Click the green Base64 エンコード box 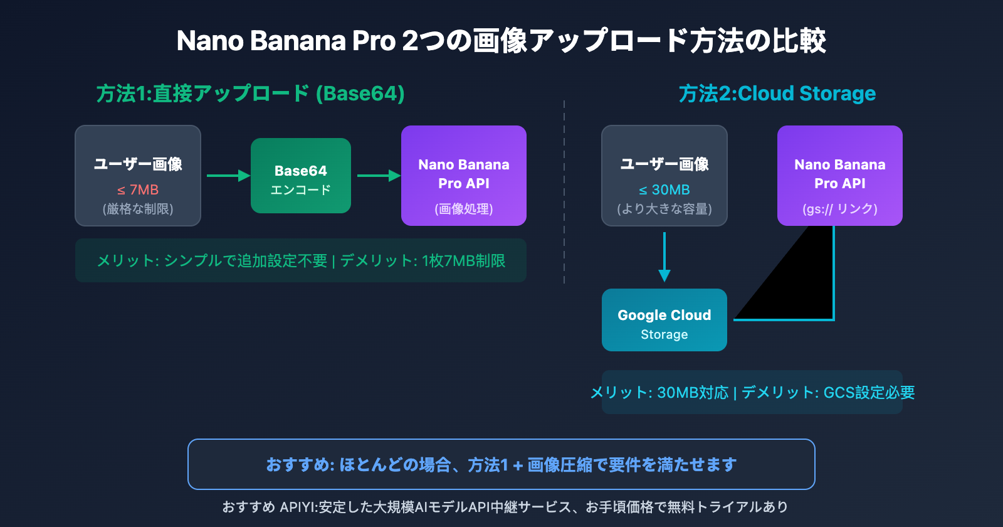pos(301,176)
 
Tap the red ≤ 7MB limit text pos(138,189)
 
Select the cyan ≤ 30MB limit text pos(664,189)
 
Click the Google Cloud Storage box pos(664,320)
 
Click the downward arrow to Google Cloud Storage pos(664,257)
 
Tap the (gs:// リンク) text pos(840,209)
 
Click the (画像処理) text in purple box pos(464,209)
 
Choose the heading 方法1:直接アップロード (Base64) pos(251,93)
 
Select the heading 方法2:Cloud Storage pos(777,93)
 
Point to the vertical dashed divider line pos(564,188)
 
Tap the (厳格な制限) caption pos(138,209)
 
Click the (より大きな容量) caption pos(664,209)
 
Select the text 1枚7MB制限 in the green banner pos(464,261)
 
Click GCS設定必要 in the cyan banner pos(869,393)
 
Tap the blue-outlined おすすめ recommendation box pos(501,464)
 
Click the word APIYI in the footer pos(297,507)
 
